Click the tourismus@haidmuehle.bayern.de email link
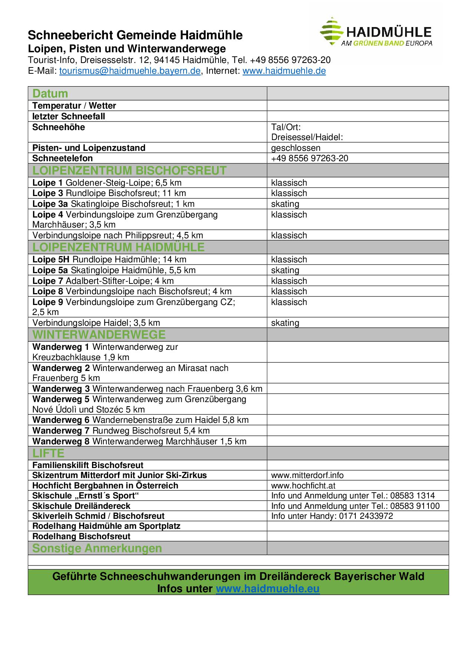130,71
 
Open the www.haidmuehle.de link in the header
284,71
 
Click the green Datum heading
50,93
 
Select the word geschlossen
296,148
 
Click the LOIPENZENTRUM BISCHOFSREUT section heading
129,170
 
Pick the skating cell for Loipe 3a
285,204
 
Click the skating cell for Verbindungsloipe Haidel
285,323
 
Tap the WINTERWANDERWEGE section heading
99,335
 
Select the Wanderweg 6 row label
61,420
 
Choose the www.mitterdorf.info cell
307,475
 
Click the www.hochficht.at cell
303,485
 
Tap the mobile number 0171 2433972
366,516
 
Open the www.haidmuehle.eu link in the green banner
267,588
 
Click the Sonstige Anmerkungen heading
97,548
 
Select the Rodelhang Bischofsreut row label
81,536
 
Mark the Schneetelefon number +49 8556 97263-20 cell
309,158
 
